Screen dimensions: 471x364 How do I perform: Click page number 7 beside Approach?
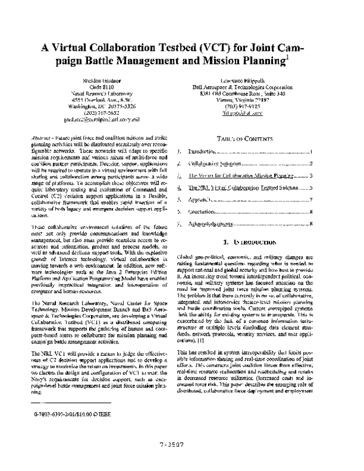click(310, 199)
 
